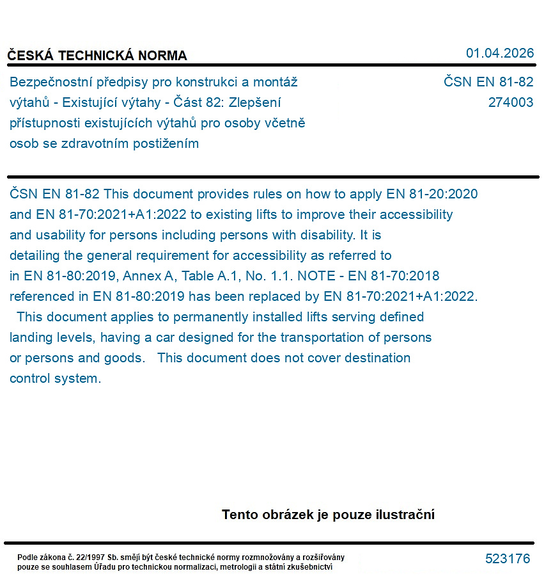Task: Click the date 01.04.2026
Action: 499,53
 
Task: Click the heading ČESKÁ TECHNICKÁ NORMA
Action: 97,56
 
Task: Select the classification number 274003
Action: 510,102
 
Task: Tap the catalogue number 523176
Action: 508,559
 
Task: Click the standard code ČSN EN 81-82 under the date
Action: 488,82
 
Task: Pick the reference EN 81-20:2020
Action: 432,194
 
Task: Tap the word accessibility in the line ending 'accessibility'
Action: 412,214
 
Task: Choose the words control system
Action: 55,378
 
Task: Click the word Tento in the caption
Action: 240,515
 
